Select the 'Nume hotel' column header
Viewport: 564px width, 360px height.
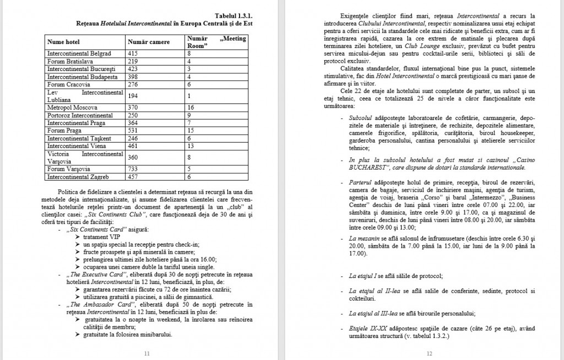[x=64, y=42]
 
